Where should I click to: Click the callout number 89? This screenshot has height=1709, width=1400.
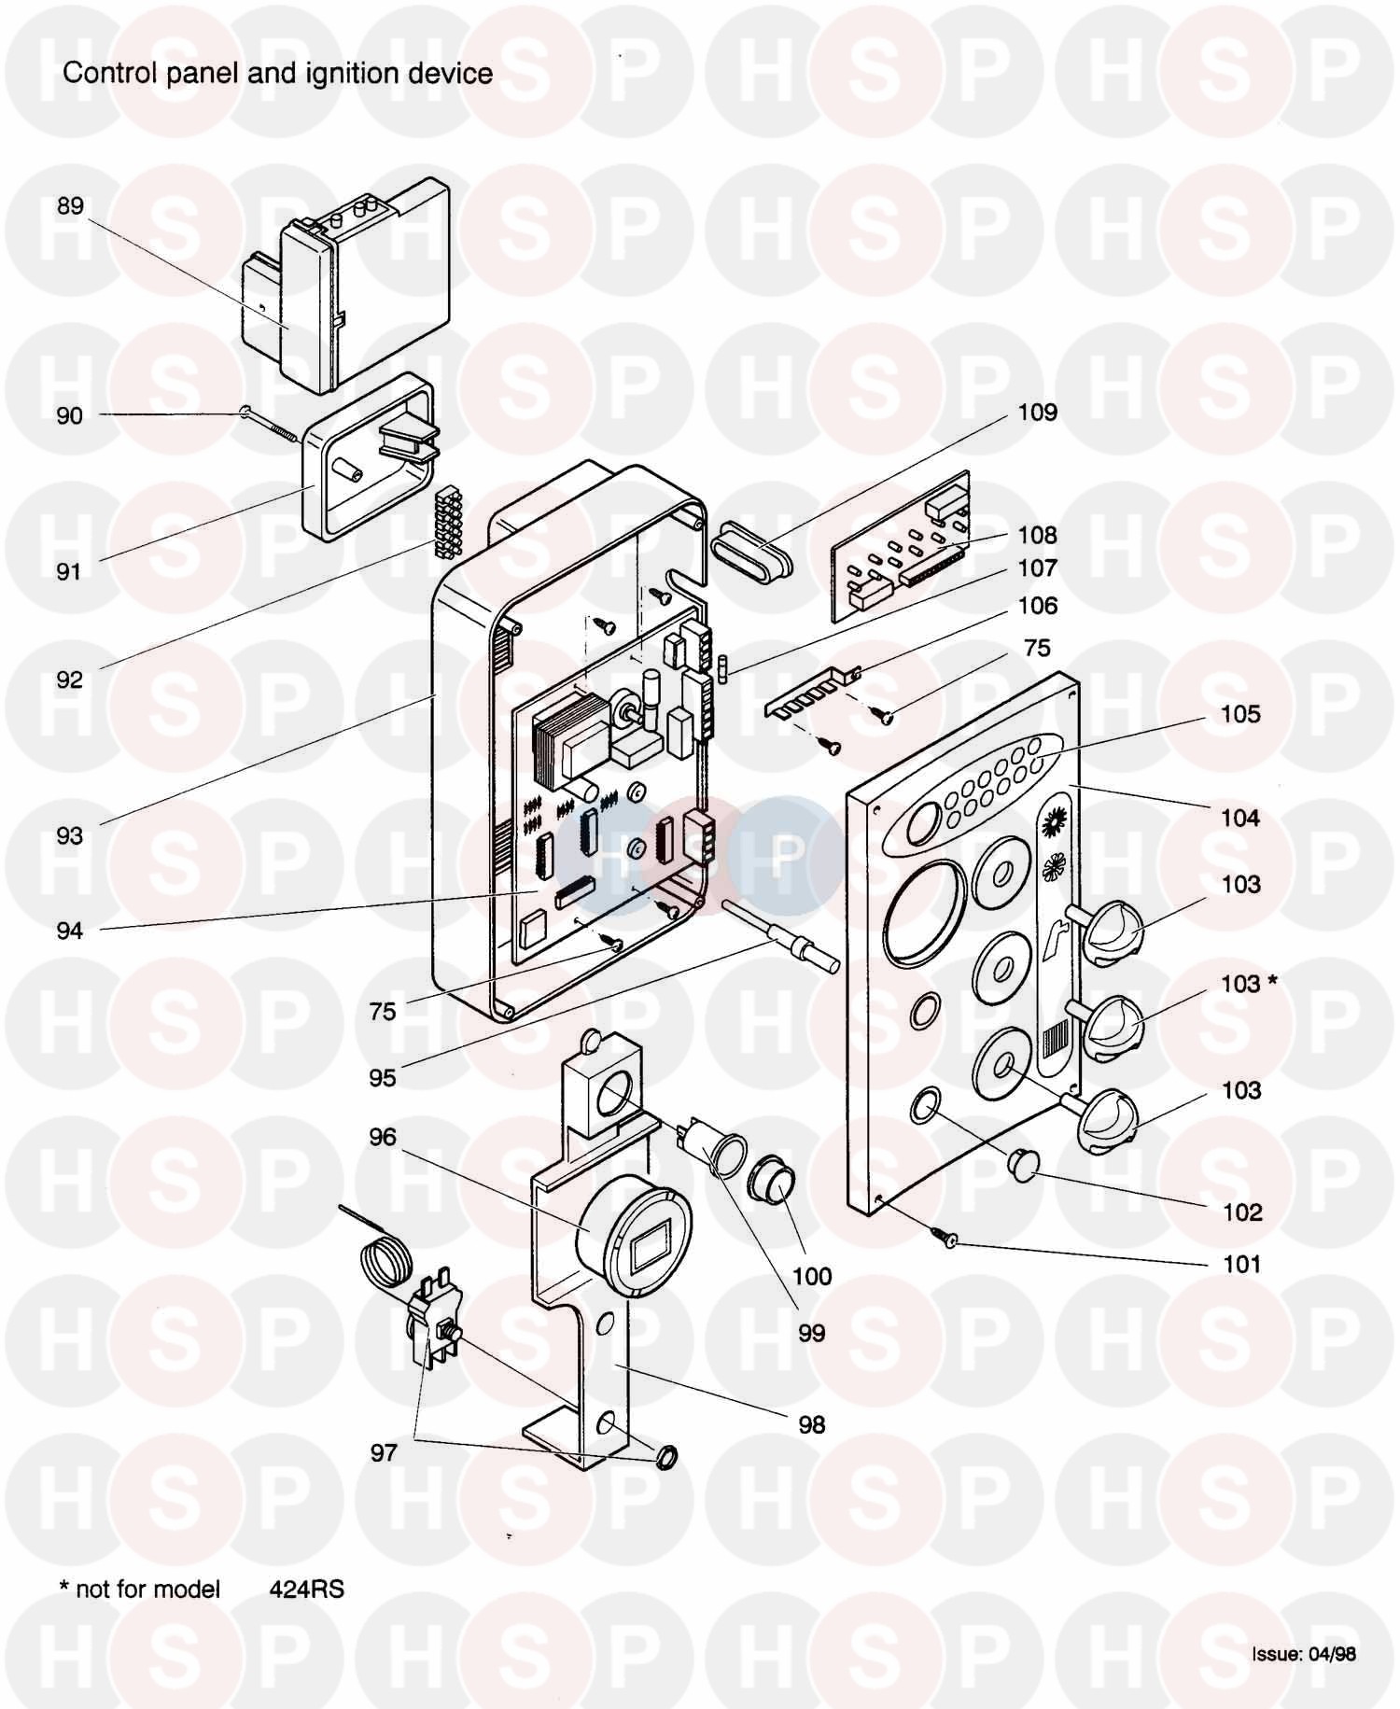coord(70,206)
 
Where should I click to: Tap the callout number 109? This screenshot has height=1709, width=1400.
coord(1037,413)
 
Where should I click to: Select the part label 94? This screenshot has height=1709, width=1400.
coord(70,931)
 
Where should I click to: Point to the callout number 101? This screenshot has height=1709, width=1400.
coord(1241,1265)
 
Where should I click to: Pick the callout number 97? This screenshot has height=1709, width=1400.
coord(384,1452)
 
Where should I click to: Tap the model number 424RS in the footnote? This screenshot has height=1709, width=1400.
coord(307,1589)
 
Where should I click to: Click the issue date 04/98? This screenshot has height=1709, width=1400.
coord(1332,1654)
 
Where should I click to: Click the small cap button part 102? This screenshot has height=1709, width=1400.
coord(1024,1164)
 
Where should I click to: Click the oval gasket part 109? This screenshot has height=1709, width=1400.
coord(751,553)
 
